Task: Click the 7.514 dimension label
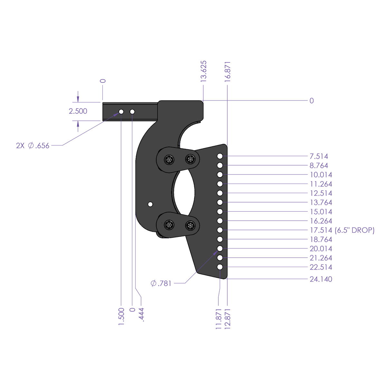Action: coord(319,157)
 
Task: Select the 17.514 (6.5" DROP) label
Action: coord(342,230)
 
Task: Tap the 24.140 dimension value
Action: coord(320,279)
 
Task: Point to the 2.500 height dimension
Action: coord(78,111)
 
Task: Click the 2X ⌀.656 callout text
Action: coord(33,146)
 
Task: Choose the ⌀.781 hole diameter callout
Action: coord(161,283)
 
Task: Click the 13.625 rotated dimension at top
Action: coord(204,71)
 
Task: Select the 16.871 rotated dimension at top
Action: coord(228,71)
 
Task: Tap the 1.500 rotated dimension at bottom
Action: coord(121,316)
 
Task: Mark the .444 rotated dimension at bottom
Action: coord(141,315)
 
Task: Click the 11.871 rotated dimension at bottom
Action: coord(219,319)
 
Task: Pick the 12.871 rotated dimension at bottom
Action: coord(228,319)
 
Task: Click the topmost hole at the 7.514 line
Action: coord(220,156)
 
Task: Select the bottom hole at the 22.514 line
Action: coord(220,267)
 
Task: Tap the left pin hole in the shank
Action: coord(121,112)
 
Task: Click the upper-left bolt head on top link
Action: coord(169,159)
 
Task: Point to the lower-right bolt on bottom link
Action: coord(191,225)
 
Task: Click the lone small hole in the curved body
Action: coord(150,204)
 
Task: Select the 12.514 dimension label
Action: coord(320,193)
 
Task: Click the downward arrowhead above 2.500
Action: coord(78,98)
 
